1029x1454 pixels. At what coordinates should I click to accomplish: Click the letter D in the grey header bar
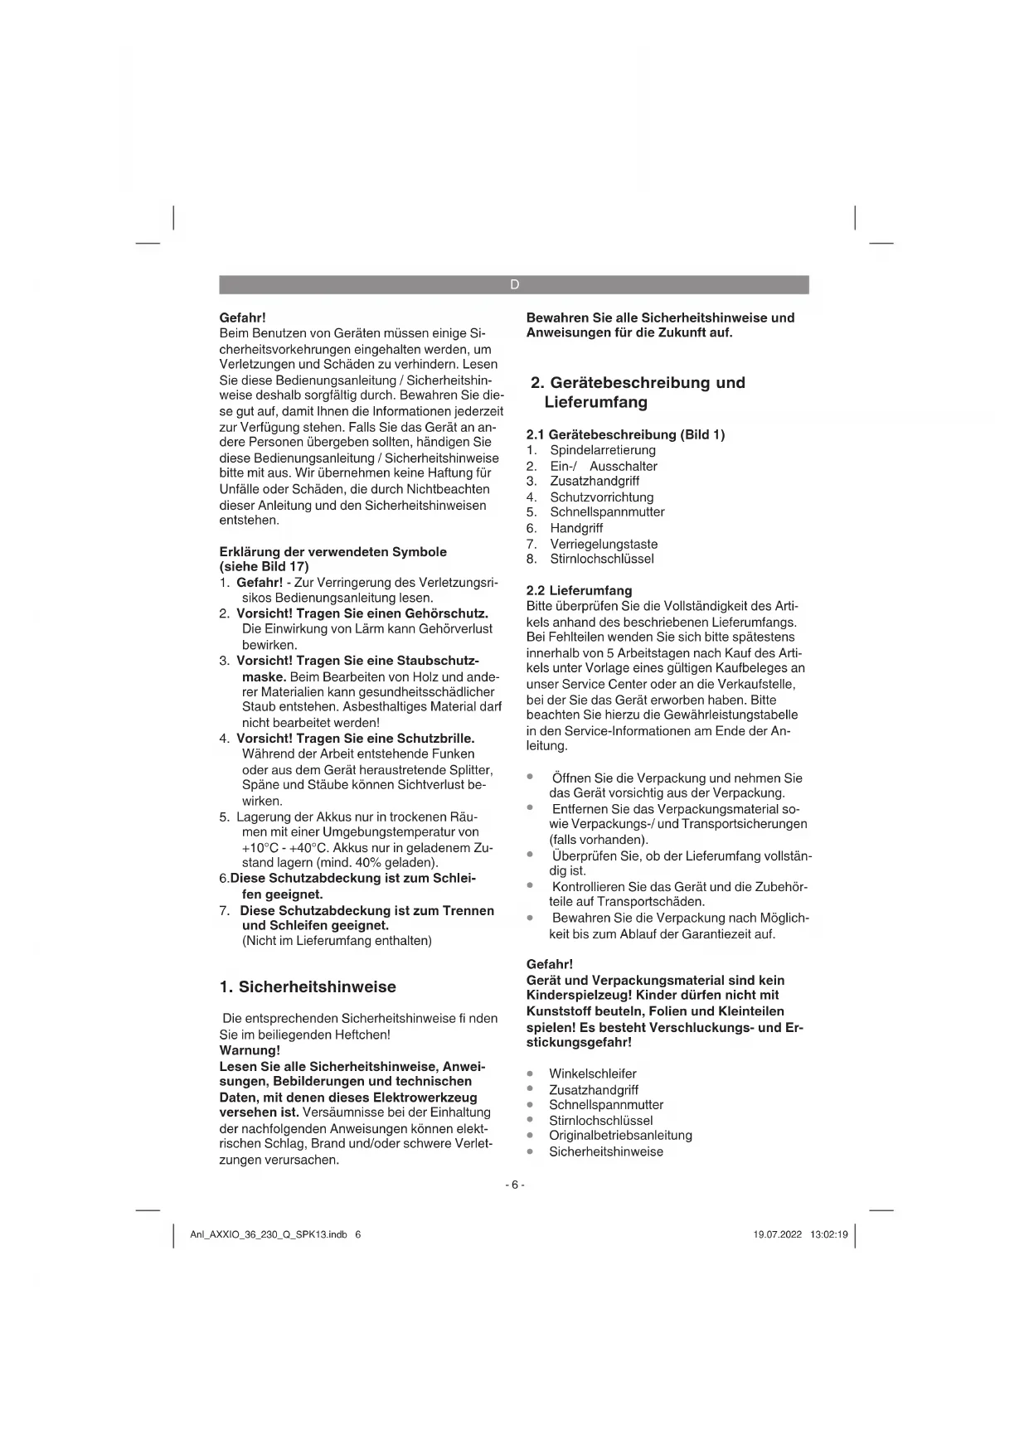click(514, 285)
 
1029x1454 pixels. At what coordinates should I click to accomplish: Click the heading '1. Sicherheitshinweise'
click(308, 987)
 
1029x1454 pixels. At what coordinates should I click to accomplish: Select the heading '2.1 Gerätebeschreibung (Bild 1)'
click(625, 434)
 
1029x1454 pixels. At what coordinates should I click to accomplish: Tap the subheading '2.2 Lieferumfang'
click(579, 590)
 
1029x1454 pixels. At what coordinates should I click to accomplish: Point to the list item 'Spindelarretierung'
click(603, 450)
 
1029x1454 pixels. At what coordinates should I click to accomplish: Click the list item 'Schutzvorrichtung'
click(602, 497)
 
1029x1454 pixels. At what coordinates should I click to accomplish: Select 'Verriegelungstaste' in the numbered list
click(604, 544)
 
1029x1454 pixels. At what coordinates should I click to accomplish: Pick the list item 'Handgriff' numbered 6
click(576, 528)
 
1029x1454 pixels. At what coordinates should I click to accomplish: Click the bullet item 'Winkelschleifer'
click(592, 1074)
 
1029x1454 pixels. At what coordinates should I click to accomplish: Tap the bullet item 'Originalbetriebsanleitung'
click(620, 1136)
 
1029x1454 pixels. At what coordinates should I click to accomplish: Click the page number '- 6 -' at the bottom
click(514, 1185)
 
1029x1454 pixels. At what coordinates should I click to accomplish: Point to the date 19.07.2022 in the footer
click(777, 1234)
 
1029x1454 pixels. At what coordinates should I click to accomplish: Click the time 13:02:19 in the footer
click(829, 1234)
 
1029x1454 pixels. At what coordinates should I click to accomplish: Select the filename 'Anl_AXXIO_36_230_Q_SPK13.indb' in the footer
click(268, 1234)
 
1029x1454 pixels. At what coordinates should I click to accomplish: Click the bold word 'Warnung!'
click(250, 1050)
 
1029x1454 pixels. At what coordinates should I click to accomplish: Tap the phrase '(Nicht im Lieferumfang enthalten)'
click(337, 941)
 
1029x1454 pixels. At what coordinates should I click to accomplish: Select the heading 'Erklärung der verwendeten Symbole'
click(332, 552)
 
